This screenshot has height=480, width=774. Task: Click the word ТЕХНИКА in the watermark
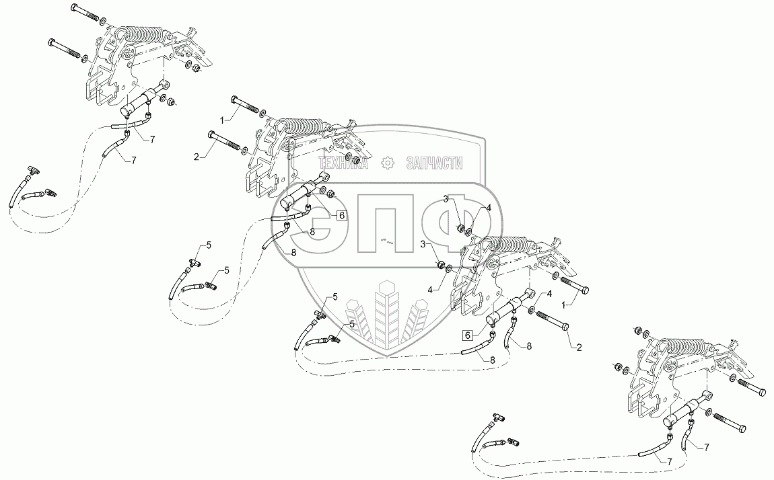point(343,163)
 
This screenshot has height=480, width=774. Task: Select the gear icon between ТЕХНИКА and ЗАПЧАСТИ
point(387,163)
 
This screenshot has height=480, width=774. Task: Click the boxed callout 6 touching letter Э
point(341,215)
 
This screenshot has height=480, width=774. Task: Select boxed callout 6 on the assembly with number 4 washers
point(466,334)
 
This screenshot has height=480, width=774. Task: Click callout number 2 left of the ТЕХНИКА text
point(197,156)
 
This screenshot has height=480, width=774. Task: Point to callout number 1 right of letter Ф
point(565,304)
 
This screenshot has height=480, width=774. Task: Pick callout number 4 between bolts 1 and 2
point(549,294)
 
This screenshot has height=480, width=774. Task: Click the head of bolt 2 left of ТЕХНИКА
point(213,135)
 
